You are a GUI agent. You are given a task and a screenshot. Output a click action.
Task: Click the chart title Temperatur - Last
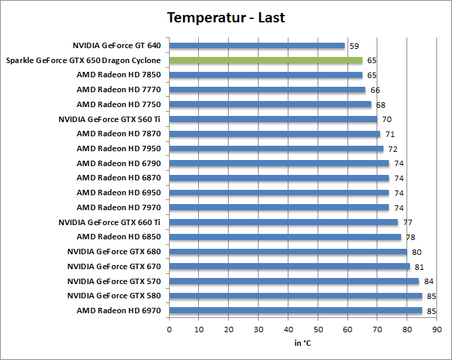click(226, 18)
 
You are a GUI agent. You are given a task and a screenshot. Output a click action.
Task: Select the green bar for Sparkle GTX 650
click(265, 60)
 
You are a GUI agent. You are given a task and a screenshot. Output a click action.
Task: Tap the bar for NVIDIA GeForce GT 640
click(257, 46)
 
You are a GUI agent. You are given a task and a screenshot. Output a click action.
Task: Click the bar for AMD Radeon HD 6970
click(295, 311)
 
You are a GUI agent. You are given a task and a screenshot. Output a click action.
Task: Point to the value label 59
click(354, 46)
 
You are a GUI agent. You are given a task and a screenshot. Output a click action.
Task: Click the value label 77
click(408, 222)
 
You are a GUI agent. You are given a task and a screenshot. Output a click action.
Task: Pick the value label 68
click(381, 105)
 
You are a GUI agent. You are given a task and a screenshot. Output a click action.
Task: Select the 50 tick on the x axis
click(318, 329)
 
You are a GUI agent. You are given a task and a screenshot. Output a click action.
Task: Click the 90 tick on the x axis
click(436, 329)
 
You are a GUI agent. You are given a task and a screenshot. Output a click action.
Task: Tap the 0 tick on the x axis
click(169, 329)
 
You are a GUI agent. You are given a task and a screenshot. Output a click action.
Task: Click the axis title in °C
click(303, 343)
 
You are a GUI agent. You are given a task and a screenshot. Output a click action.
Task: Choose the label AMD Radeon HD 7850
click(119, 75)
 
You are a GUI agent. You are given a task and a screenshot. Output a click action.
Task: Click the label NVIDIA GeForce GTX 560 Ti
click(110, 119)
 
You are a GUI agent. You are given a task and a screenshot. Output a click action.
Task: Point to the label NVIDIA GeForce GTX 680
click(114, 252)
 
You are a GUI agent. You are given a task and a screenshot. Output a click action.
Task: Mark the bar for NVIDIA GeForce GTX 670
click(289, 266)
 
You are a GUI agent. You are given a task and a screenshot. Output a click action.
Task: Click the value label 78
click(411, 237)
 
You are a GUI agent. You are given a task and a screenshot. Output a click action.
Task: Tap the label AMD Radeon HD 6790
click(119, 163)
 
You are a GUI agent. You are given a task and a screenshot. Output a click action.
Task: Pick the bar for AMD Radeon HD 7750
click(270, 104)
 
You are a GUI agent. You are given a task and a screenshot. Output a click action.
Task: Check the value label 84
click(429, 281)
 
